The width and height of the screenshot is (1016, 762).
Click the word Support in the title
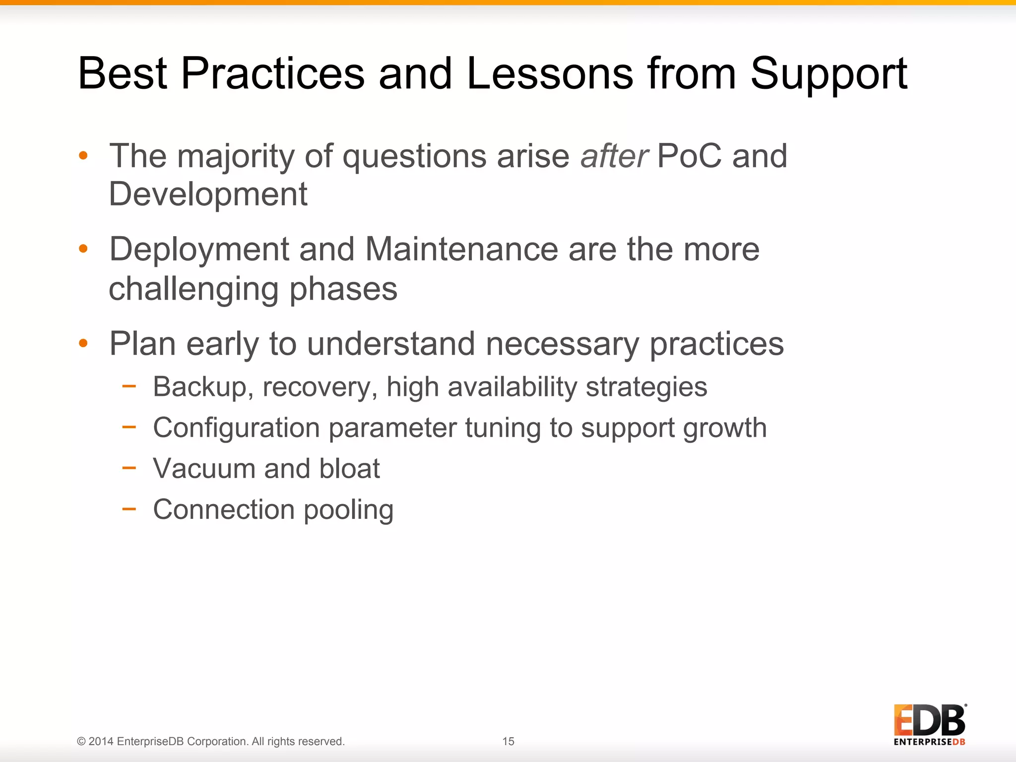tap(828, 74)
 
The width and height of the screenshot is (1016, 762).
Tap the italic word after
tap(614, 156)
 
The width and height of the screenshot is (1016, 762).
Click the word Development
tap(208, 194)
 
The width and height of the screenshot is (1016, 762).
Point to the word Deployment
tap(199, 250)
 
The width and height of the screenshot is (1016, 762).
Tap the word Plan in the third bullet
tap(142, 343)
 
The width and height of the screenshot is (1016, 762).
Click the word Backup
tap(199, 387)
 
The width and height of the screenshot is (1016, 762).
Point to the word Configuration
tap(236, 428)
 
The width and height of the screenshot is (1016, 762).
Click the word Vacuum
tap(204, 468)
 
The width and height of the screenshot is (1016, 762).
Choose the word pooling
tap(348, 510)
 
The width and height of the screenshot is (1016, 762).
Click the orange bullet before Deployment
tap(83, 249)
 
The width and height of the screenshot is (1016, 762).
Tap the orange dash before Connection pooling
tap(129, 508)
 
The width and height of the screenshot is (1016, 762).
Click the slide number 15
tap(508, 741)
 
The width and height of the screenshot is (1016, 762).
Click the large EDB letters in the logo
tap(929, 720)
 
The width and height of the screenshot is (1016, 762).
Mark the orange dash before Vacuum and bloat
tap(129, 467)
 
